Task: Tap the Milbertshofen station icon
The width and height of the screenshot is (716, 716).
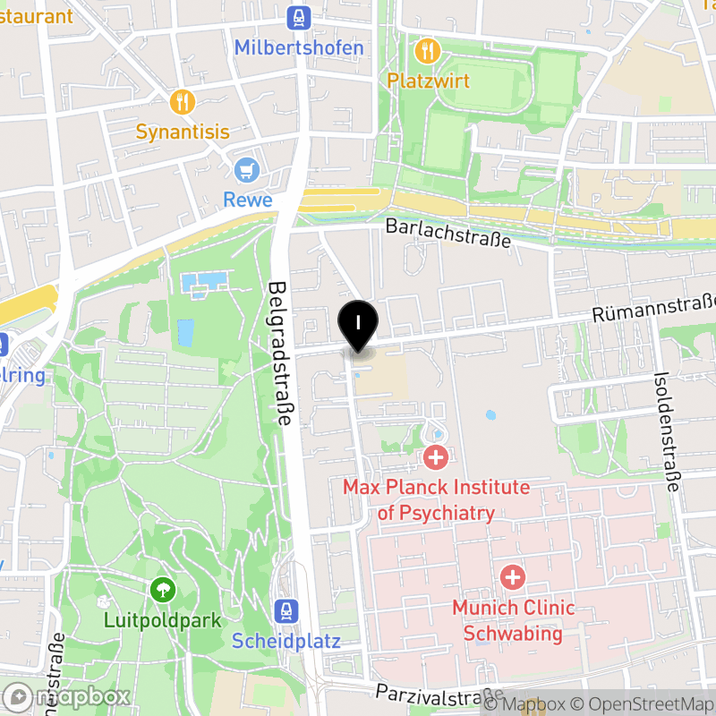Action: point(299,17)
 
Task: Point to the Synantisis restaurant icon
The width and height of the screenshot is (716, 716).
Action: point(183,101)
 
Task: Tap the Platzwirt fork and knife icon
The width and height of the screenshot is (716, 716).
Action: point(428,50)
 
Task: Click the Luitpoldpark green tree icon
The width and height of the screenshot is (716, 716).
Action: point(162,589)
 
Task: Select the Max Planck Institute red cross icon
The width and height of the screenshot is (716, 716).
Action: point(436,458)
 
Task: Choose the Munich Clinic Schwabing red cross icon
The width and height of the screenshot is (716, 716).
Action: point(513,576)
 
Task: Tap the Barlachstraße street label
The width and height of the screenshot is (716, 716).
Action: point(448,233)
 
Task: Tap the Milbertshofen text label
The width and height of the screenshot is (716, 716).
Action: point(299,47)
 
